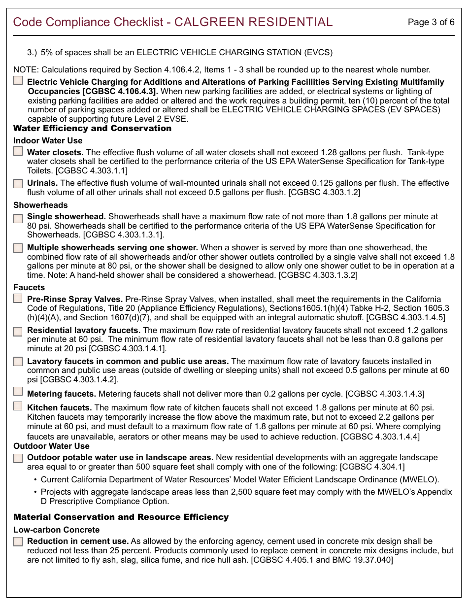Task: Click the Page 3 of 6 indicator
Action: (x=431, y=22)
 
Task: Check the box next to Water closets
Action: (x=18, y=152)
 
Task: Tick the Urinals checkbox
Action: (x=18, y=183)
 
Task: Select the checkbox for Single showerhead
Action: (x=18, y=218)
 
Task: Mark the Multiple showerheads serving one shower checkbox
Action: (x=18, y=248)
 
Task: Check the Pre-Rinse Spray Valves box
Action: (x=18, y=298)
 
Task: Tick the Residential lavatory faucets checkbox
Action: (x=18, y=331)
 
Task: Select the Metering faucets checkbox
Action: (x=18, y=391)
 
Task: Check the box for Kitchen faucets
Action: (x=18, y=406)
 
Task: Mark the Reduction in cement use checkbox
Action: (x=18, y=541)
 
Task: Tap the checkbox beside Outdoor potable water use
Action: (x=18, y=458)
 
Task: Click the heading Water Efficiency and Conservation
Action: (x=92, y=129)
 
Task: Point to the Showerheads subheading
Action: (x=40, y=205)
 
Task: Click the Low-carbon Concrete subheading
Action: (x=56, y=530)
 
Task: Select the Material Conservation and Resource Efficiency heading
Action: (x=121, y=517)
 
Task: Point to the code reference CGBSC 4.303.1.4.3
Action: (x=385, y=394)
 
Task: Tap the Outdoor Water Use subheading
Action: (x=51, y=446)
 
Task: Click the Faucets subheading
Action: (x=29, y=287)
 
